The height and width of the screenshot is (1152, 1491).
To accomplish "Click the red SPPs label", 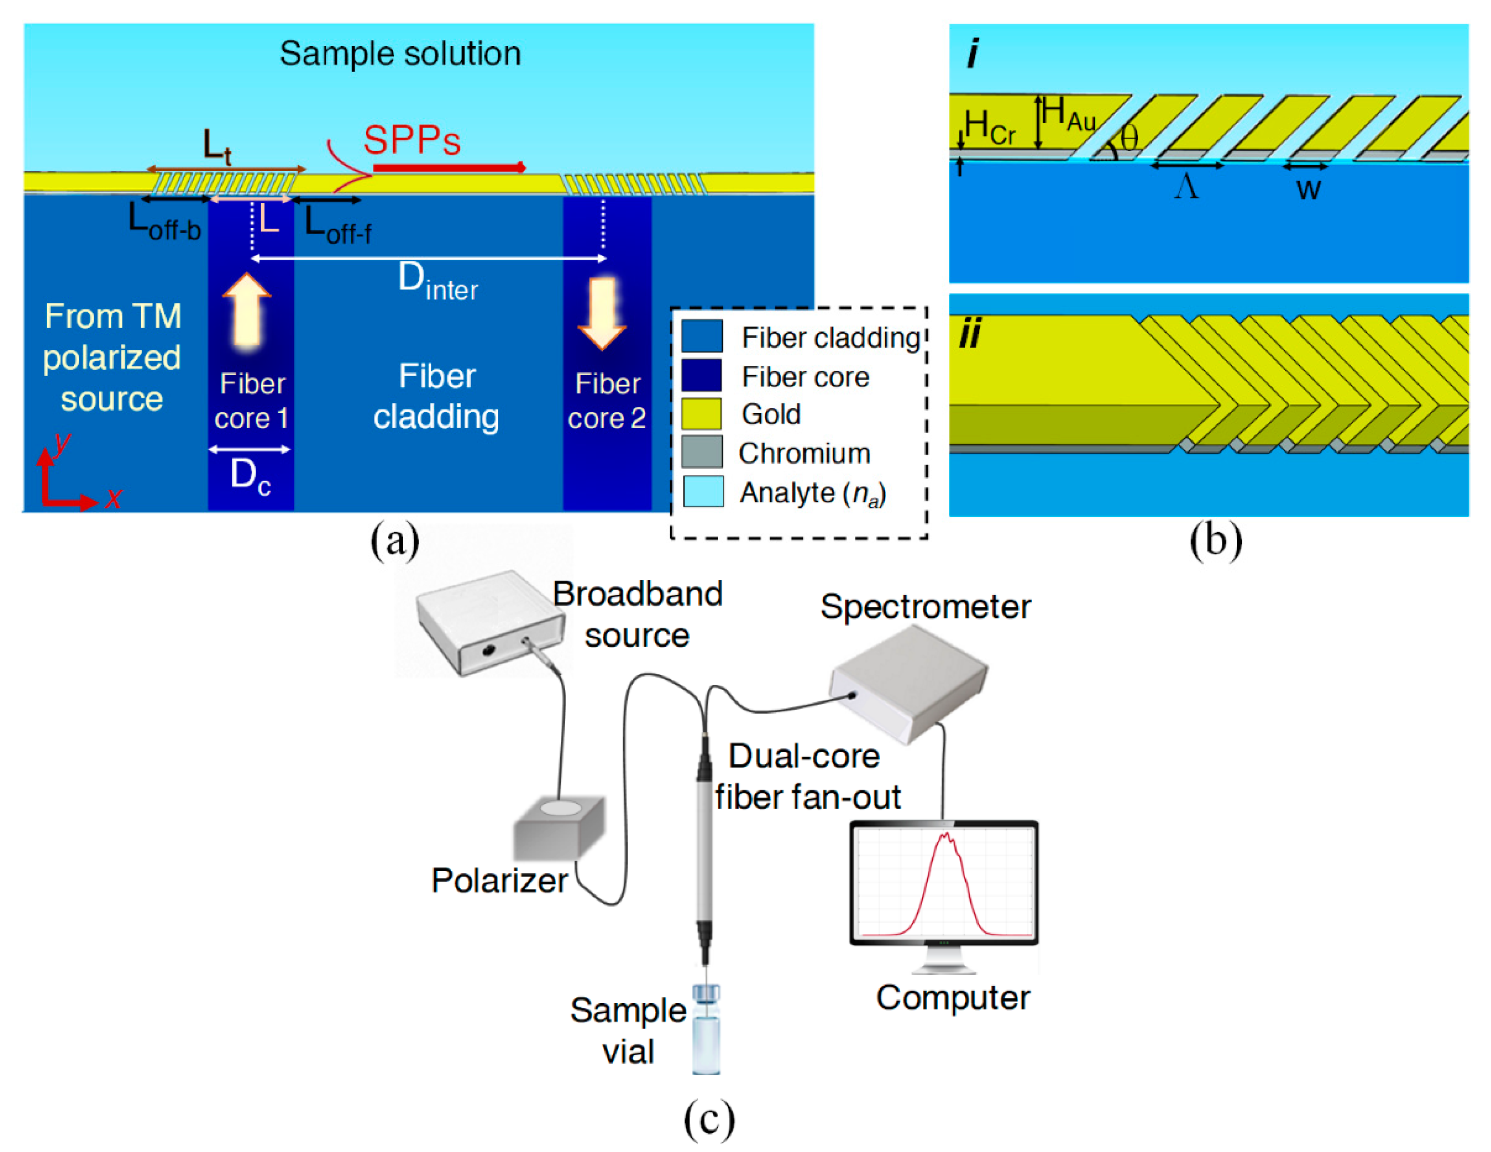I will coord(412,141).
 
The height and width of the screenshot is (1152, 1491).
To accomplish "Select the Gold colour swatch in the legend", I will coord(702,414).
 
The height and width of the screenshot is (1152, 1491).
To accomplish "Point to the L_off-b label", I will coord(164,223).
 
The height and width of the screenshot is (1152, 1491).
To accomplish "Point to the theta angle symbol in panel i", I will coord(1129,139).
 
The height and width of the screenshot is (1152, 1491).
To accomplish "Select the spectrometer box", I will coord(908,683).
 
